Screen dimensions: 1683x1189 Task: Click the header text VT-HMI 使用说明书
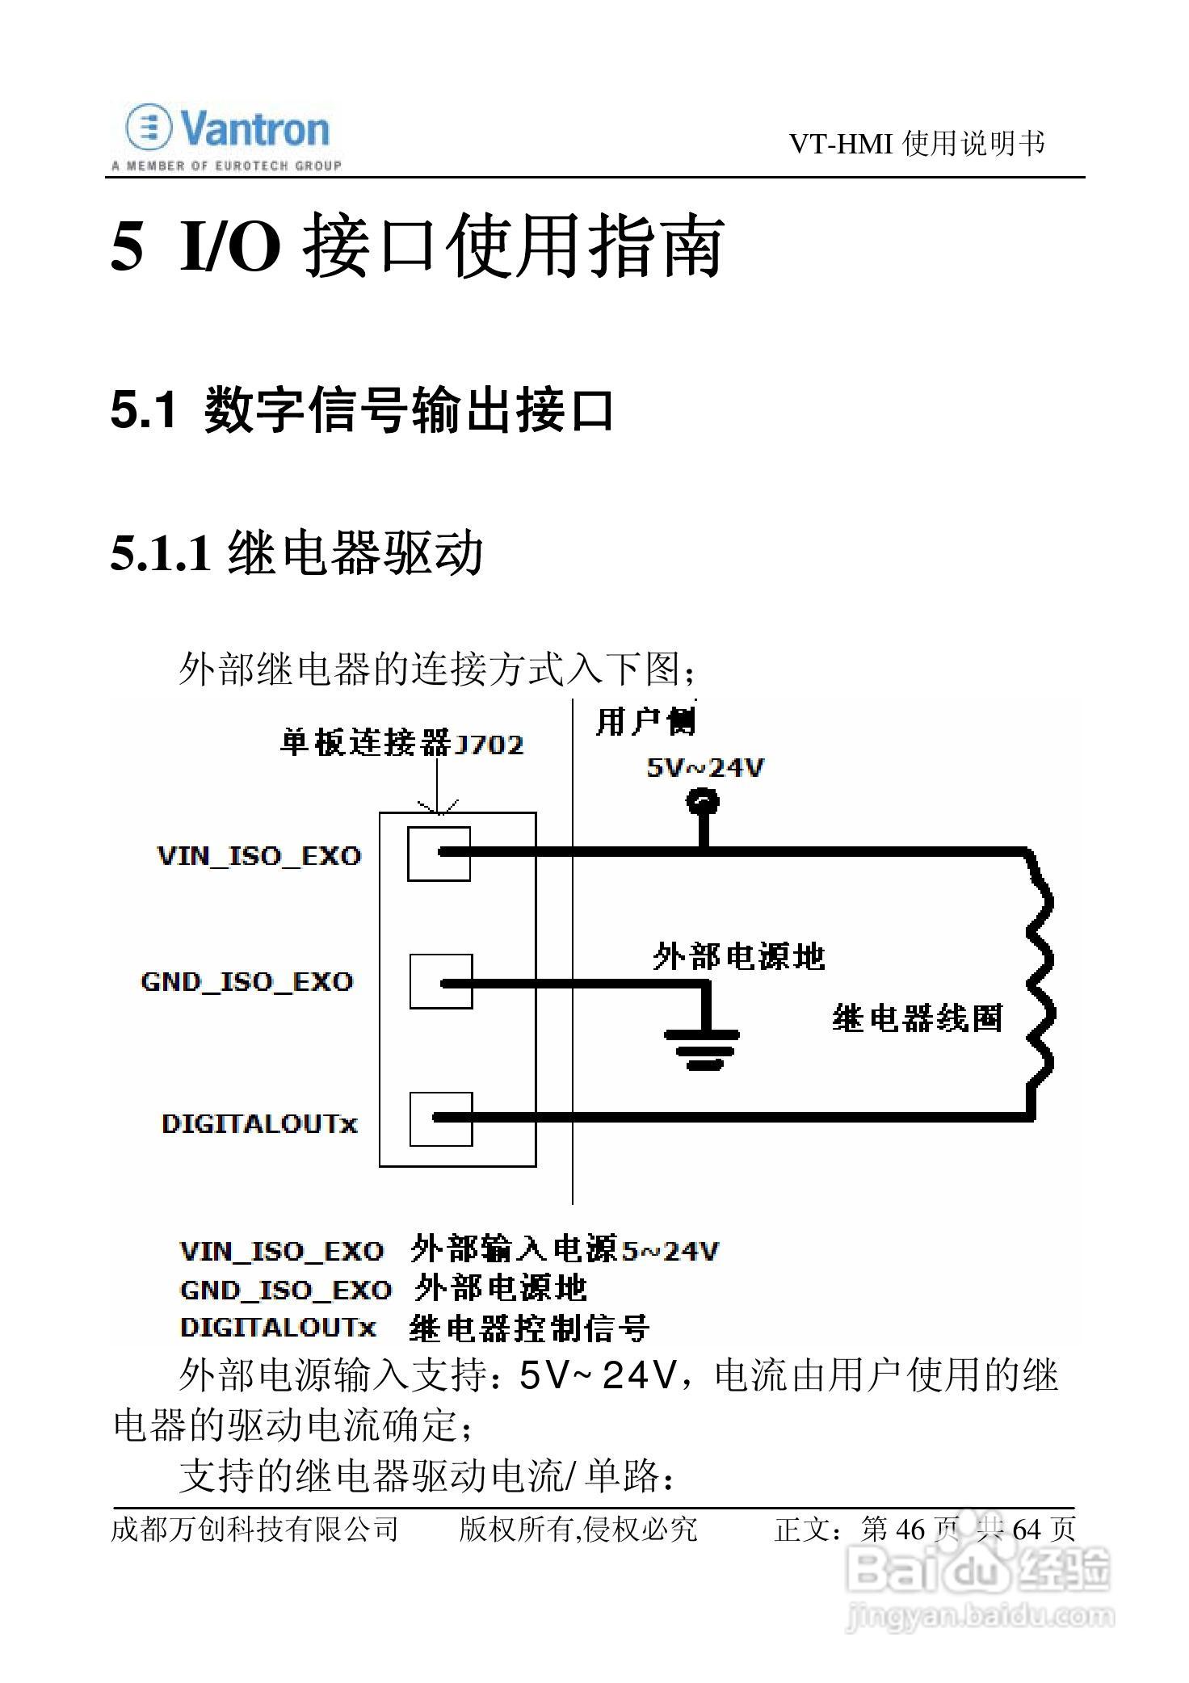click(916, 144)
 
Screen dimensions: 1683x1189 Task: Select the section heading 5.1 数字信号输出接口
click(362, 409)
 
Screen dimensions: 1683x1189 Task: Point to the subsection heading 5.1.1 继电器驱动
click(296, 553)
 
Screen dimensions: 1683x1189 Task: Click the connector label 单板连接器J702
click(401, 743)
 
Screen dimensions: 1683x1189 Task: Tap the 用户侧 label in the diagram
click(645, 721)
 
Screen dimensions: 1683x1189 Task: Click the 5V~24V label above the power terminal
click(704, 767)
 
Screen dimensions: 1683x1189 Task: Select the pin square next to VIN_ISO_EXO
click(439, 853)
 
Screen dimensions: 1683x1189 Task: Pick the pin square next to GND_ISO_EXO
click(440, 981)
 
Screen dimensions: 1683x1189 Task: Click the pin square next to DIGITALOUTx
click(440, 1119)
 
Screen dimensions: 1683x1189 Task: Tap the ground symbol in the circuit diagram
click(701, 1047)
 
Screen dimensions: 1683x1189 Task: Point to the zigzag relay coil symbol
click(1040, 981)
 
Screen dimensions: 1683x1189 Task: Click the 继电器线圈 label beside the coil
click(917, 1018)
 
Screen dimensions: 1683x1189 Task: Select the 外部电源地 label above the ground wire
click(738, 957)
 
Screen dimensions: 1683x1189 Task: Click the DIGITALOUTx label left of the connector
click(259, 1123)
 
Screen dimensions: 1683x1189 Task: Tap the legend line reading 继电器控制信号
click(529, 1328)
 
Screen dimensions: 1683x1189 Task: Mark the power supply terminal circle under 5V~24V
click(703, 802)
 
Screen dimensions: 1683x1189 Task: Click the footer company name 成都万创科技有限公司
click(254, 1529)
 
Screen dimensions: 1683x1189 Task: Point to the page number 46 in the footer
click(910, 1529)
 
